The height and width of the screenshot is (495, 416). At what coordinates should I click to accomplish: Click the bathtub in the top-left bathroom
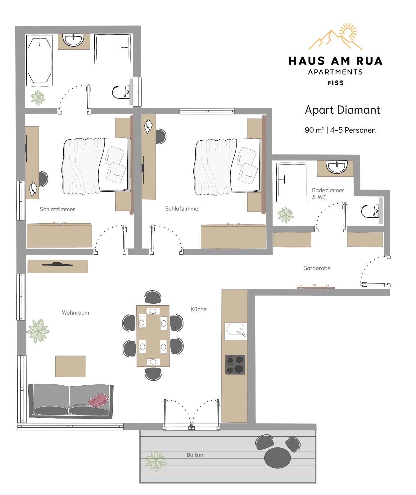coord(39,61)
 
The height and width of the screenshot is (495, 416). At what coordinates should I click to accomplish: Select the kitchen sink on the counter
coord(236,330)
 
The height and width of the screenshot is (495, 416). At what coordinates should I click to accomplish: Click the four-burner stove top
coord(235,365)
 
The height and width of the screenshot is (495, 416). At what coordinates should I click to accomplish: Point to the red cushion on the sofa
coord(99,400)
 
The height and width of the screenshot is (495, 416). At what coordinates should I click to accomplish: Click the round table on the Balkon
coord(277,457)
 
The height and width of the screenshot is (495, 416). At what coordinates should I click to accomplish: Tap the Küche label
coord(199,309)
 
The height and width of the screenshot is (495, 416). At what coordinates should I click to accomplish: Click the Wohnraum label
coord(75,313)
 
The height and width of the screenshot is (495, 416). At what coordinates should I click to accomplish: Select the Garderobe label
coord(317,268)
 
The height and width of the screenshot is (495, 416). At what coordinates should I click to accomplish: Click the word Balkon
coord(195,455)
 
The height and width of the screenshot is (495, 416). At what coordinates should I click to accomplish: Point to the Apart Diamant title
coord(342,110)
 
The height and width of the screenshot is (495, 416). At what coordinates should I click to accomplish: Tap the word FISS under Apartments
coord(335,83)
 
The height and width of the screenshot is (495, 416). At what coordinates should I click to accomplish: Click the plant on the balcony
coord(155,461)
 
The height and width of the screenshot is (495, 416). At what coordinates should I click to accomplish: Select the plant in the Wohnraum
coord(38,331)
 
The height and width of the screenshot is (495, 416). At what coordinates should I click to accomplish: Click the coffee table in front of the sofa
coord(70,366)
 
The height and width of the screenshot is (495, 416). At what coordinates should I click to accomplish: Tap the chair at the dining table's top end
coord(153,297)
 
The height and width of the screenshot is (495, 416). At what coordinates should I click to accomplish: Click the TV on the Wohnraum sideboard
coord(57,264)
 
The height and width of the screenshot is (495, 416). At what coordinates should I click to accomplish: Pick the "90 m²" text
coord(314,130)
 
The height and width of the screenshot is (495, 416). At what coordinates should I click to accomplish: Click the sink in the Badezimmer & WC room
coord(336,167)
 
